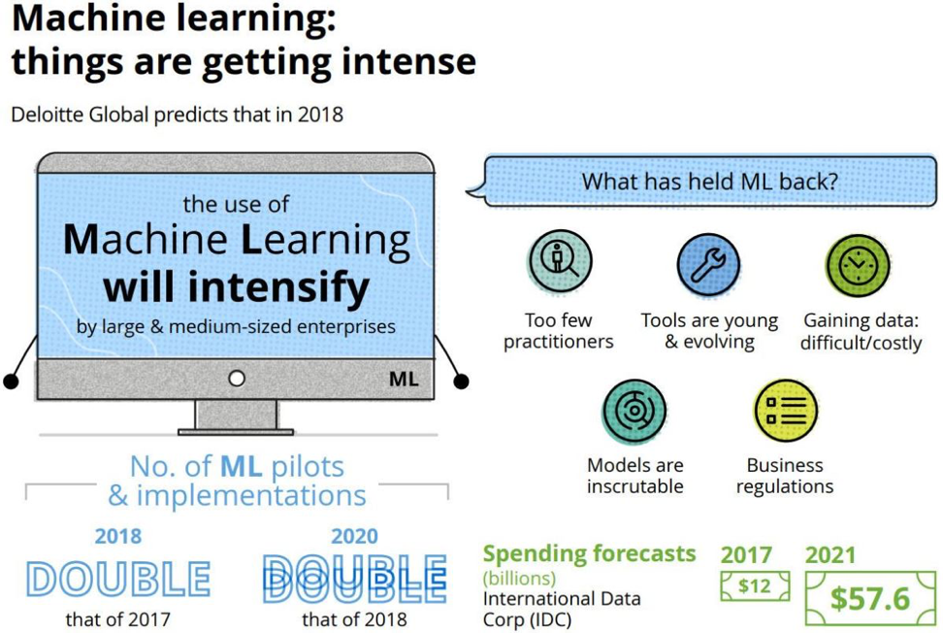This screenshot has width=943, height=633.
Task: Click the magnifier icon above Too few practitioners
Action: (560, 261)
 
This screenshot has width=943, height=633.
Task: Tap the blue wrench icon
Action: (709, 265)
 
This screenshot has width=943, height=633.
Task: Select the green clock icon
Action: (858, 265)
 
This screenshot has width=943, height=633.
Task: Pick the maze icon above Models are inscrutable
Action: (634, 411)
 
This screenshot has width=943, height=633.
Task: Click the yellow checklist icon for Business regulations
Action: (786, 411)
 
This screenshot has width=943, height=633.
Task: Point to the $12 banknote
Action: (755, 585)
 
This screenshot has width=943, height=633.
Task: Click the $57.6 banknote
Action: (870, 598)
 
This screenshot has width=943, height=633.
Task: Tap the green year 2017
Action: (746, 554)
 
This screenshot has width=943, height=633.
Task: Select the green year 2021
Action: (829, 554)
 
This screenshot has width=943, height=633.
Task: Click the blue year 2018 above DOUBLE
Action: (118, 536)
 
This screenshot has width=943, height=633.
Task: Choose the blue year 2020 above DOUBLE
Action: (355, 536)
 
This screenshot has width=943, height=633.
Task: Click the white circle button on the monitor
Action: (237, 379)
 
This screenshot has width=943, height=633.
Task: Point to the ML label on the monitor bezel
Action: (404, 379)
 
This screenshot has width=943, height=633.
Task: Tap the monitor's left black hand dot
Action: (11, 382)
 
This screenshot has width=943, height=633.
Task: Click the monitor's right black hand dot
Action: (461, 382)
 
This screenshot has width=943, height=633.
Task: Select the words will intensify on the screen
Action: (237, 287)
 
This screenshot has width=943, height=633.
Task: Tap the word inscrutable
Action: (635, 486)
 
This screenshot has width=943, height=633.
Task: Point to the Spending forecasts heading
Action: (590, 554)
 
